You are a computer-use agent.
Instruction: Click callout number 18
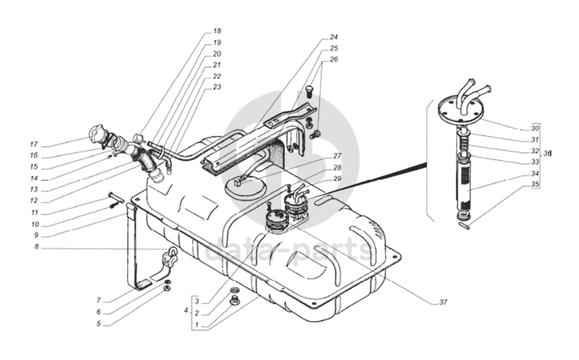[x=217, y=31]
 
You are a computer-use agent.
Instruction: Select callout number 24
[x=334, y=36]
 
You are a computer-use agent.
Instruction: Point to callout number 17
[x=35, y=144]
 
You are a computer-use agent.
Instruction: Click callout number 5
[x=98, y=324]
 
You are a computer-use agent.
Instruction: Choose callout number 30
[x=535, y=129]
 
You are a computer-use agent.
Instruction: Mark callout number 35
[x=535, y=184]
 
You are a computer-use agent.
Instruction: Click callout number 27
[x=336, y=155]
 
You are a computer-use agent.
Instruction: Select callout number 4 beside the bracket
[x=185, y=311]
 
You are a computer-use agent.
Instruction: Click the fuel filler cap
[x=96, y=134]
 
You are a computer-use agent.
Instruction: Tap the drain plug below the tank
[x=234, y=300]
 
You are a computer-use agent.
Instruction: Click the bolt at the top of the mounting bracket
[x=309, y=93]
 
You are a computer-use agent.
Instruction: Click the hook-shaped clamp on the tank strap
[x=171, y=255]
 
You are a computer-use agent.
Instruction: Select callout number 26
[x=334, y=60]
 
